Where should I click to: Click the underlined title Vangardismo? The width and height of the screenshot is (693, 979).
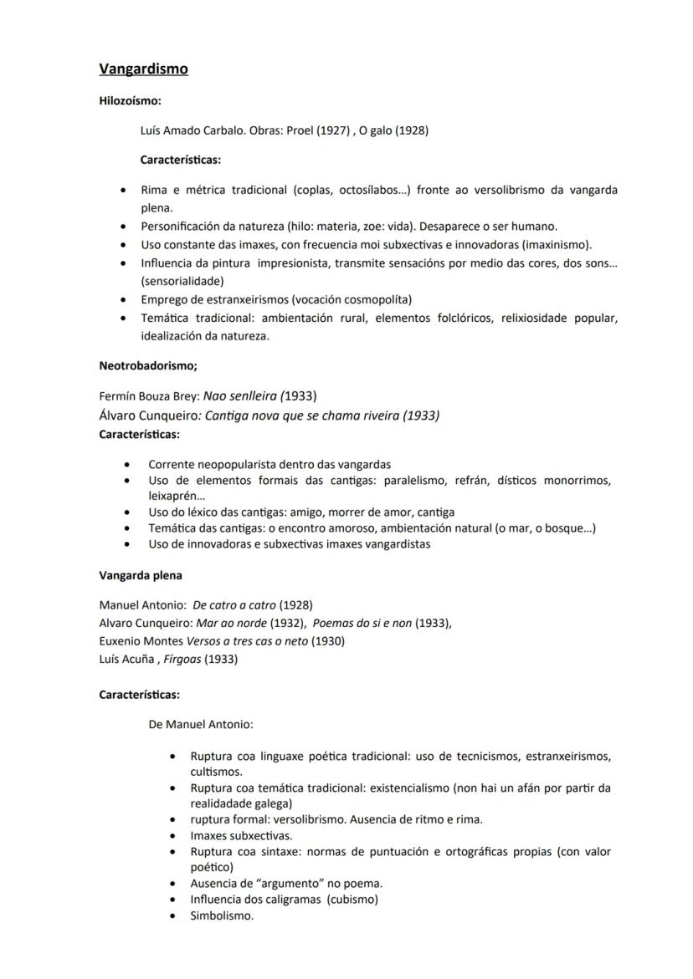143,69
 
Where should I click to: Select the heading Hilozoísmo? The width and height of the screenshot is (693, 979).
130,101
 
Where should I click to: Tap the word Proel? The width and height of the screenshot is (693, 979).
300,130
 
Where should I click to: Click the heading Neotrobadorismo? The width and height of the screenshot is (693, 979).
147,365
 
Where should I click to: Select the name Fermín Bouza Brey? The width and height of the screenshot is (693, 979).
149,395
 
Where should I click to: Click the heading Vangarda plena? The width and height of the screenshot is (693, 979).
141,575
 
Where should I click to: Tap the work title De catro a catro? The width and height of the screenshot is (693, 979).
234,604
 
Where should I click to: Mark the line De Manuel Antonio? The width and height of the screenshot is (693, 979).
201,724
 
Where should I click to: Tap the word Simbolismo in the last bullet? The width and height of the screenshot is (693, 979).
222,915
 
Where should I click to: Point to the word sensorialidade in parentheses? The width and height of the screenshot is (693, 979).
182,282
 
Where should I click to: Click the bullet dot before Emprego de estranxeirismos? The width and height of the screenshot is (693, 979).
124,299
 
